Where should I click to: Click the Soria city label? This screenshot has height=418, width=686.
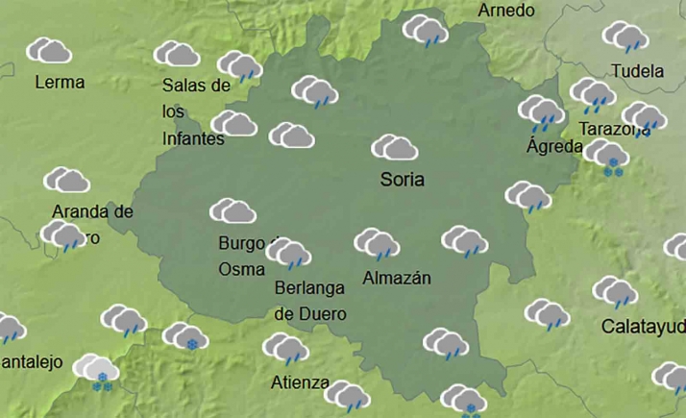click(x=402, y=179)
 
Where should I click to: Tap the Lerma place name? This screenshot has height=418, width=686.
click(x=60, y=83)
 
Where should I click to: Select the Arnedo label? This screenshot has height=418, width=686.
click(x=505, y=11)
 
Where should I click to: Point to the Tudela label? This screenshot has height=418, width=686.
click(x=637, y=71)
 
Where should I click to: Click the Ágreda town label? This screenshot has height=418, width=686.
click(x=554, y=147)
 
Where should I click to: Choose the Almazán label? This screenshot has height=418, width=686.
click(x=397, y=279)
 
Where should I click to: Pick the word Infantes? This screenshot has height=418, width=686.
click(x=193, y=138)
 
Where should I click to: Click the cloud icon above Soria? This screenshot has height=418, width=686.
click(x=394, y=147)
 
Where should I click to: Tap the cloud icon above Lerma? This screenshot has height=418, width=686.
click(x=50, y=50)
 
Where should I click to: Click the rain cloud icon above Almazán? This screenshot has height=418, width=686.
click(x=377, y=244)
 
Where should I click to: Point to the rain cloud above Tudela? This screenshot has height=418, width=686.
click(x=625, y=37)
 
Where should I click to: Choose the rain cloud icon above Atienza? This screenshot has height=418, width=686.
click(x=285, y=348)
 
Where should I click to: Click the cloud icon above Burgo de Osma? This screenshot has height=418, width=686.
click(x=233, y=210)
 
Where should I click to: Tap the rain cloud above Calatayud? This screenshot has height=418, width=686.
click(x=615, y=291)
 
